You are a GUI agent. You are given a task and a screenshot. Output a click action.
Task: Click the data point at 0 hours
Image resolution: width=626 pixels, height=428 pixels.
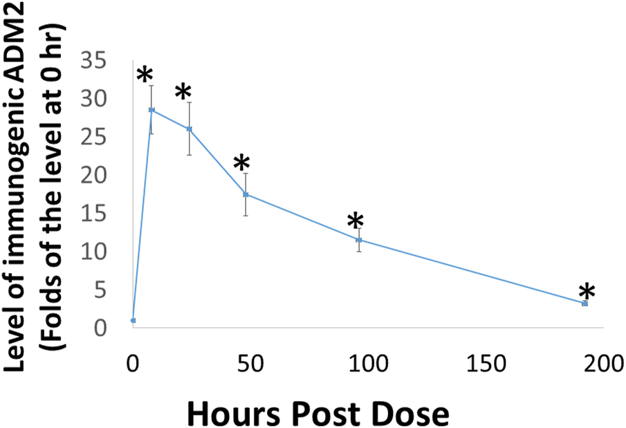(x=133, y=321)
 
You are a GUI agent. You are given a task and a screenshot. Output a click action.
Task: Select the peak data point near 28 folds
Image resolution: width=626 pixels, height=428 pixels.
(x=151, y=110)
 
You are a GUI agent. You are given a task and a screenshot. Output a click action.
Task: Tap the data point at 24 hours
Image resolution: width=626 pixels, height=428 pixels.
(x=189, y=129)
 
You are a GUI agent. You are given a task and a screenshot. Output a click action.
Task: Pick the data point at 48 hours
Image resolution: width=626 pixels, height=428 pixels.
(x=246, y=194)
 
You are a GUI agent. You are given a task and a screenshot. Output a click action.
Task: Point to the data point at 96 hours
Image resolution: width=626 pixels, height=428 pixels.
(x=358, y=240)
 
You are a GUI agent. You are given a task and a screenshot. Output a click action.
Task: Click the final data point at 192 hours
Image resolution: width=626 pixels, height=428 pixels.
(x=584, y=304)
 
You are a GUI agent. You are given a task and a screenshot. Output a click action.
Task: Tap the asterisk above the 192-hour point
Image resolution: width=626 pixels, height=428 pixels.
(x=587, y=292)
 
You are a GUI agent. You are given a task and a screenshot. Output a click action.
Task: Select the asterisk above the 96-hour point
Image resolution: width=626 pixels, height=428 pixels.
(x=355, y=222)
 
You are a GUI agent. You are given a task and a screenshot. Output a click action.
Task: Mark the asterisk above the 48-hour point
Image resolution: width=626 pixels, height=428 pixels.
(x=241, y=164)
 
